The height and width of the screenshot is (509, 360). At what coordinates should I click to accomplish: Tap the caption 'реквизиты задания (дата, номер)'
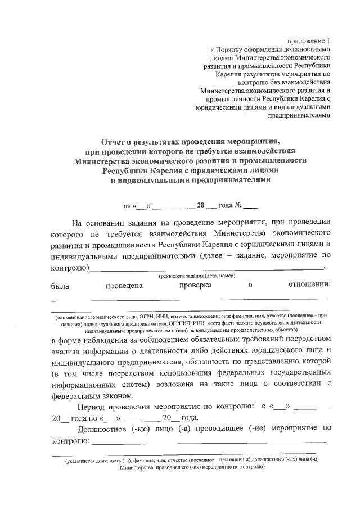click(197, 276)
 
